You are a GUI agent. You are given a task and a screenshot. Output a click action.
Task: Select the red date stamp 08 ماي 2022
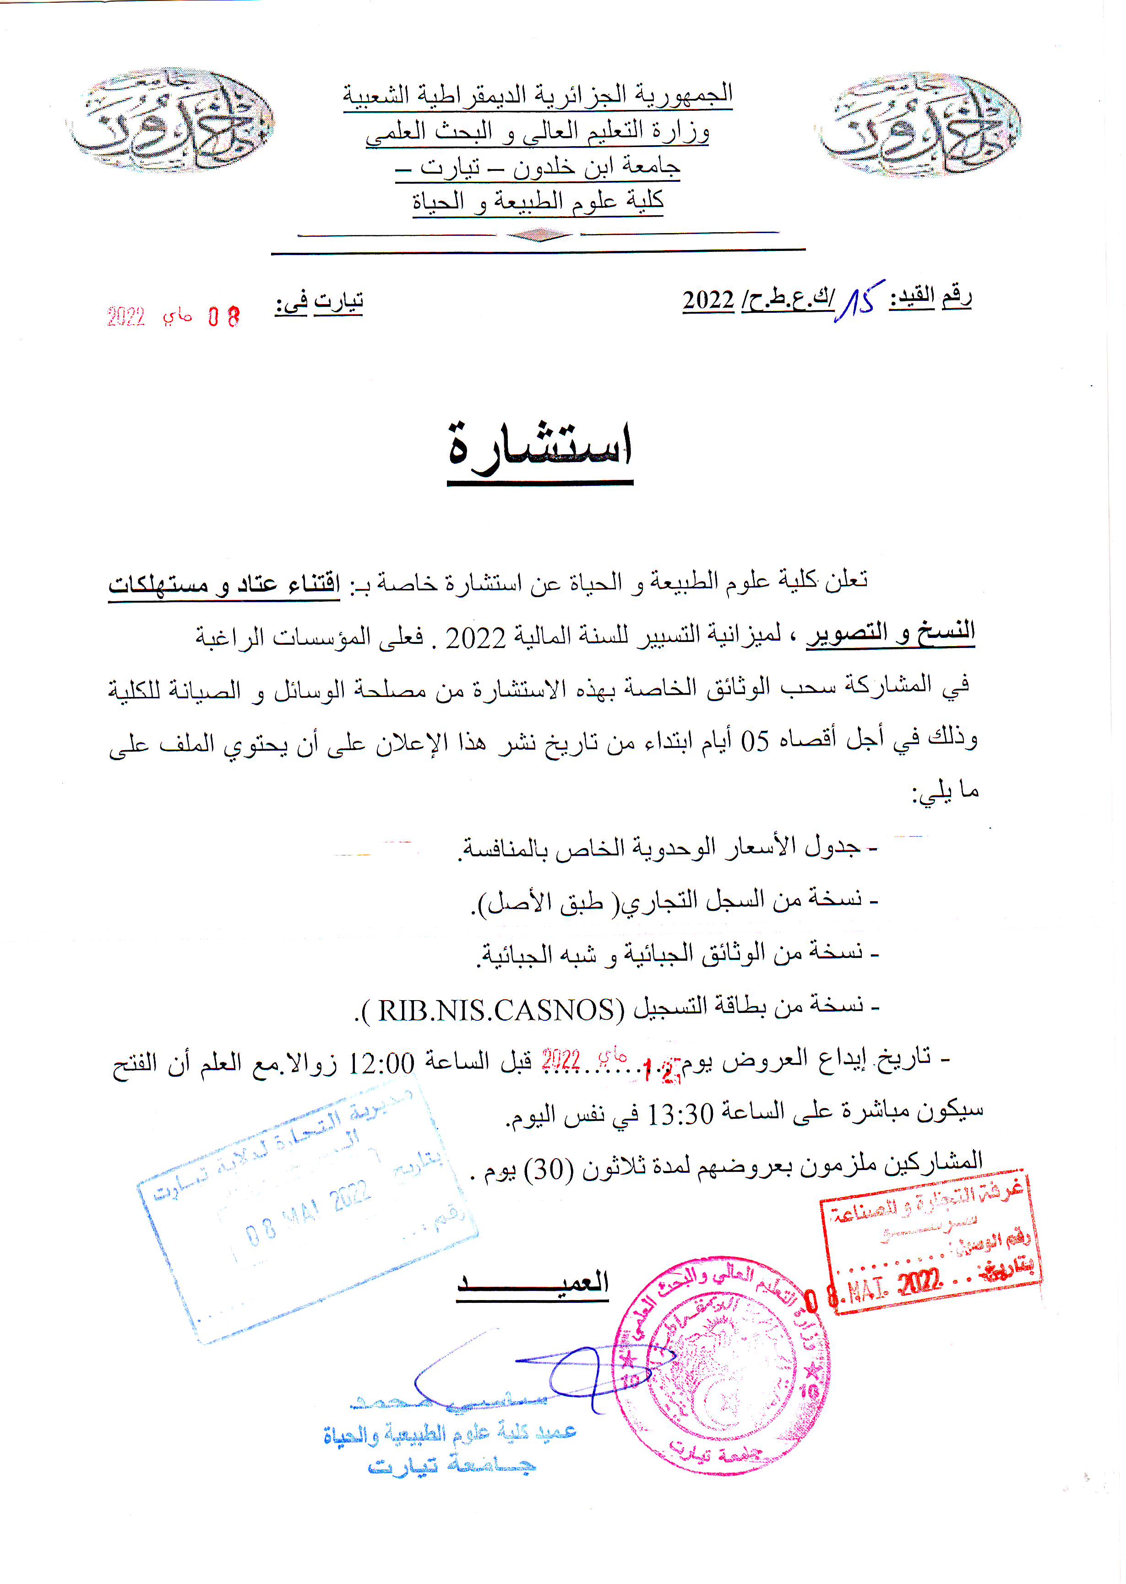[174, 317]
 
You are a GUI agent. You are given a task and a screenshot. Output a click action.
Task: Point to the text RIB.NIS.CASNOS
[496, 1010]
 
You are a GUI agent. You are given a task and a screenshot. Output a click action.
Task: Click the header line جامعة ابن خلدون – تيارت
[538, 166]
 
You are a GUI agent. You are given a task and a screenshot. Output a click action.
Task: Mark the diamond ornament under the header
[539, 236]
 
